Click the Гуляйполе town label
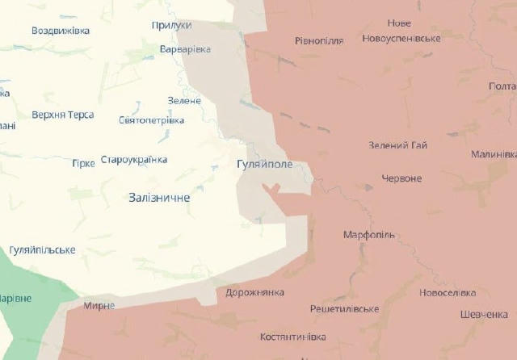tap(264, 164)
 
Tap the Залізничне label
tap(159, 198)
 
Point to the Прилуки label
tap(171, 26)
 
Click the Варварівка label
tap(186, 49)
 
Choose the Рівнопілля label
tap(319, 40)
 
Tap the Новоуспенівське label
tap(401, 39)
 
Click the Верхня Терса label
tap(63, 115)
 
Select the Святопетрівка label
tap(151, 120)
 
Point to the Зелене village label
tap(184, 101)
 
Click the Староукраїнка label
tap(134, 160)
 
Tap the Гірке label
tap(83, 163)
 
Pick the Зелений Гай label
tap(397, 145)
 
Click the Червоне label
tap(401, 178)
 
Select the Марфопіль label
tap(369, 235)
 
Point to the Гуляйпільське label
tap(43, 250)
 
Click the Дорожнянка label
tap(255, 292)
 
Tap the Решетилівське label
tap(345, 309)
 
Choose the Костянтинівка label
tap(293, 336)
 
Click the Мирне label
tap(99, 306)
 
